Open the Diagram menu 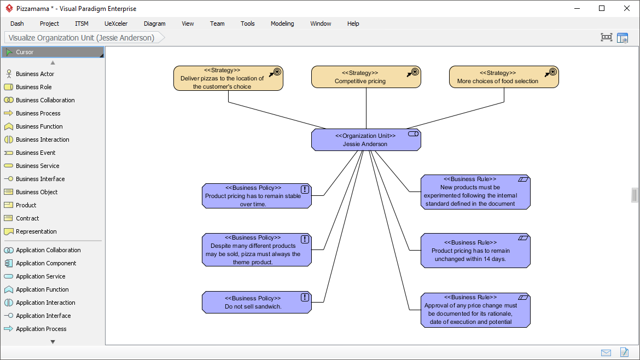(x=154, y=24)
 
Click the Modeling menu (x=282, y=24)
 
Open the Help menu (x=353, y=24)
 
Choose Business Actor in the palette (x=35, y=74)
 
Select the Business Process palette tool (x=38, y=113)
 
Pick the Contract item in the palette (x=27, y=218)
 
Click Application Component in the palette (x=46, y=263)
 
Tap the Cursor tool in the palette (x=25, y=52)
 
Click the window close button (x=627, y=8)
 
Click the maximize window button (x=602, y=8)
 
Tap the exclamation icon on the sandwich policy (x=305, y=297)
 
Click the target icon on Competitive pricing (x=415, y=72)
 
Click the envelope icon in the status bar (x=606, y=352)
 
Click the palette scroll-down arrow (x=53, y=342)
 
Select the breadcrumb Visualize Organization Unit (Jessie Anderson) (x=82, y=38)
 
